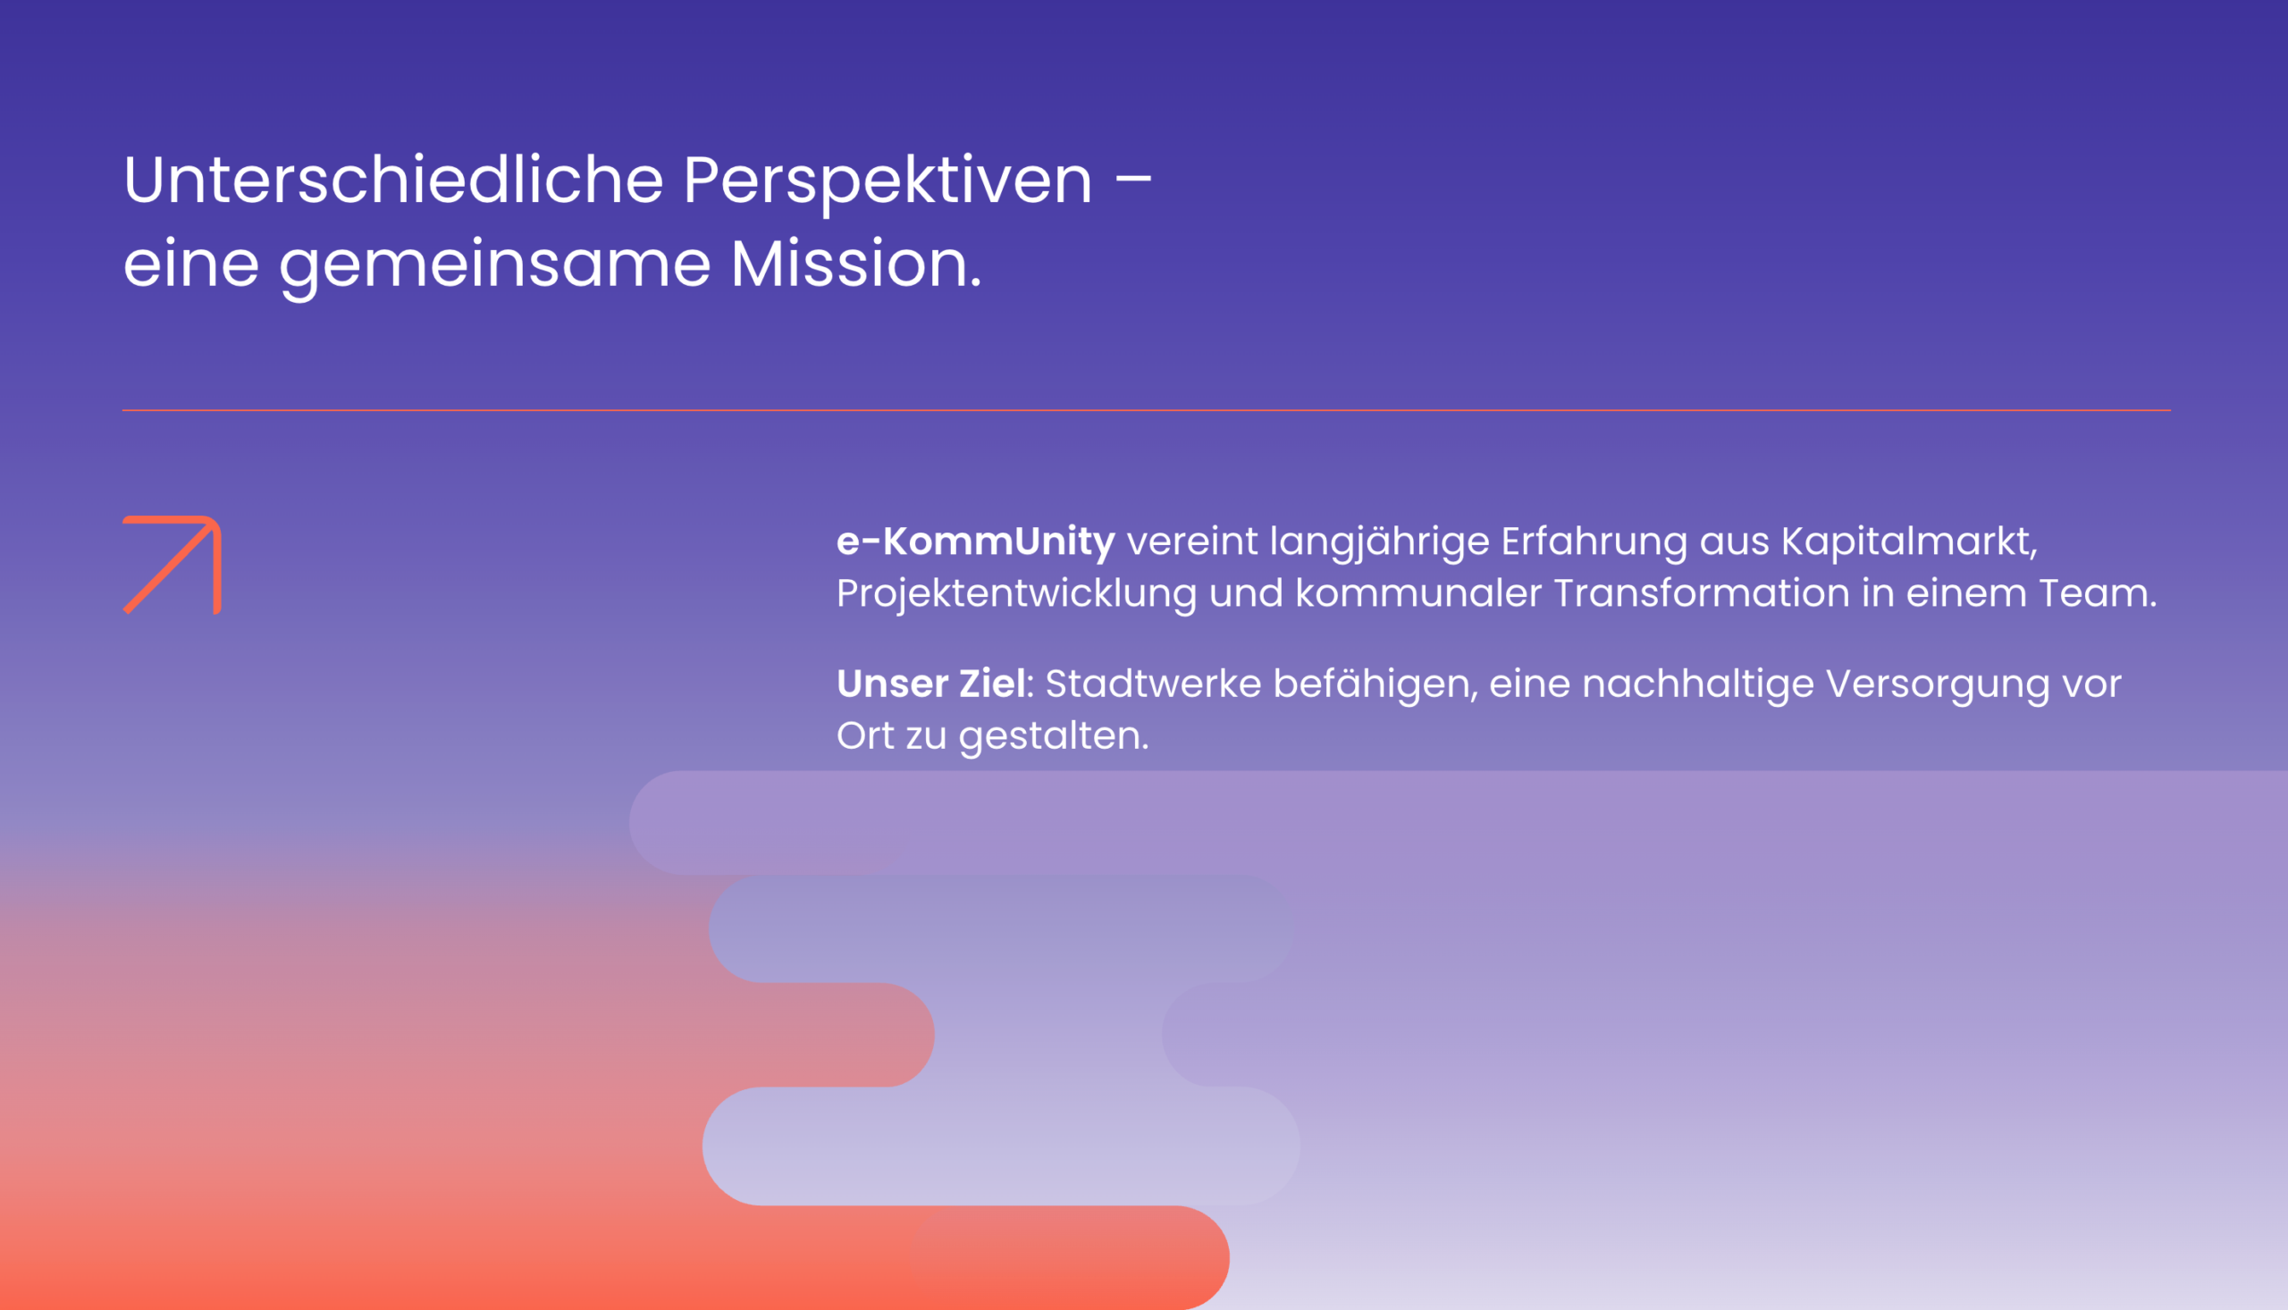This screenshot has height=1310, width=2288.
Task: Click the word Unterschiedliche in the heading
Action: [393, 180]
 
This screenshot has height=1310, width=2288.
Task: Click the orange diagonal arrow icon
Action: [172, 565]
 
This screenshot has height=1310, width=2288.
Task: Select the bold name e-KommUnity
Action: [975, 542]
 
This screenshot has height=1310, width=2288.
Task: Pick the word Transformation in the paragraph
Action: [1702, 594]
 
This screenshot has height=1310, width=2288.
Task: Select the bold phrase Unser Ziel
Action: [930, 684]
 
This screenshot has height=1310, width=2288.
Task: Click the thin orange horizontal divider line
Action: [1147, 410]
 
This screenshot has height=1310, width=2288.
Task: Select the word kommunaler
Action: [1418, 594]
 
